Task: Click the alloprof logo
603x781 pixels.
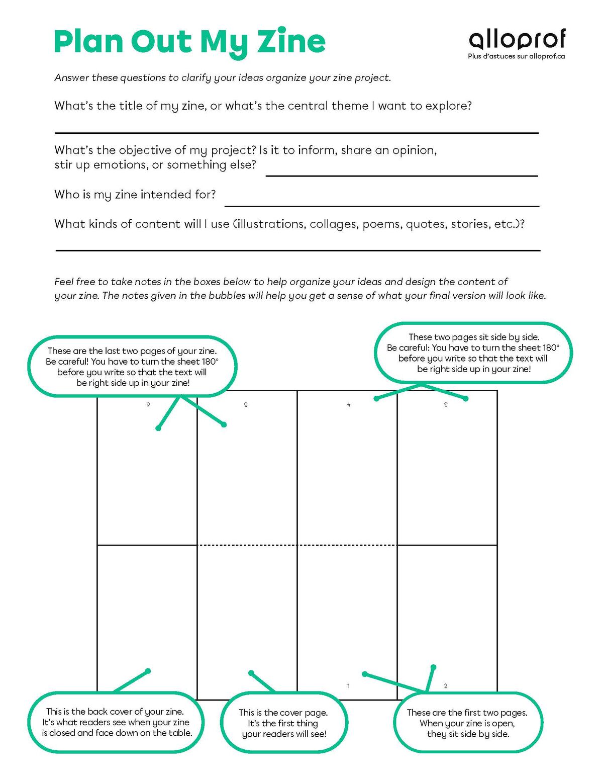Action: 517,39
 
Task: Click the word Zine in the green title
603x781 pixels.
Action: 291,41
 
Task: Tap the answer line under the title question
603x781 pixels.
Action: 296,133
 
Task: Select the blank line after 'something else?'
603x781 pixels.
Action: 401,176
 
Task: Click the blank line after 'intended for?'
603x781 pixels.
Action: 382,206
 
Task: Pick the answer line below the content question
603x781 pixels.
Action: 297,250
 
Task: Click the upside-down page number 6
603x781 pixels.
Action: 148,405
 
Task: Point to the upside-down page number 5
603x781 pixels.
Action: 246,405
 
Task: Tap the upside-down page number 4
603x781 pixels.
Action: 348,405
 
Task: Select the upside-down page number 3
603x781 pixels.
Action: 446,405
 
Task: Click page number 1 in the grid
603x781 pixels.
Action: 348,686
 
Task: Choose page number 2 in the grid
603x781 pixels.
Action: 446,686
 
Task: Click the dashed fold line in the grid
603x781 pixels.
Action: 297,545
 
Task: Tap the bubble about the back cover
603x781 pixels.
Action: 117,722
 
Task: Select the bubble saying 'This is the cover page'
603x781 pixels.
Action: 284,723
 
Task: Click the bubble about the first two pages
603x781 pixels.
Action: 467,723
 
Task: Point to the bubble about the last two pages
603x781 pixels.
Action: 132,367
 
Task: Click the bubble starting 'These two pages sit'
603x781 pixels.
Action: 473,353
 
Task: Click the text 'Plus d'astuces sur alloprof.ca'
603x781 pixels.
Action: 516,56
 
